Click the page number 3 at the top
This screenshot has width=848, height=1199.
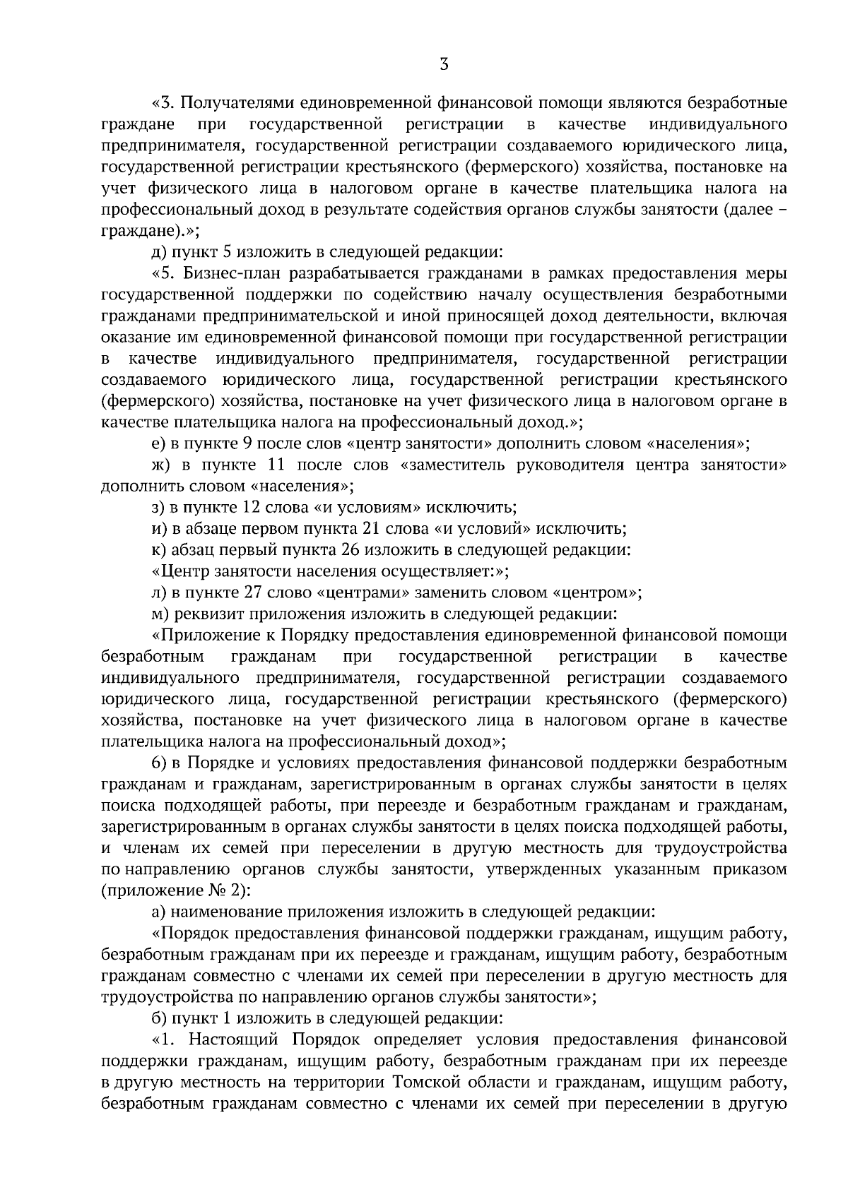443,65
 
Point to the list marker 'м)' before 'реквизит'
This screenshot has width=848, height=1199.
160,614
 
